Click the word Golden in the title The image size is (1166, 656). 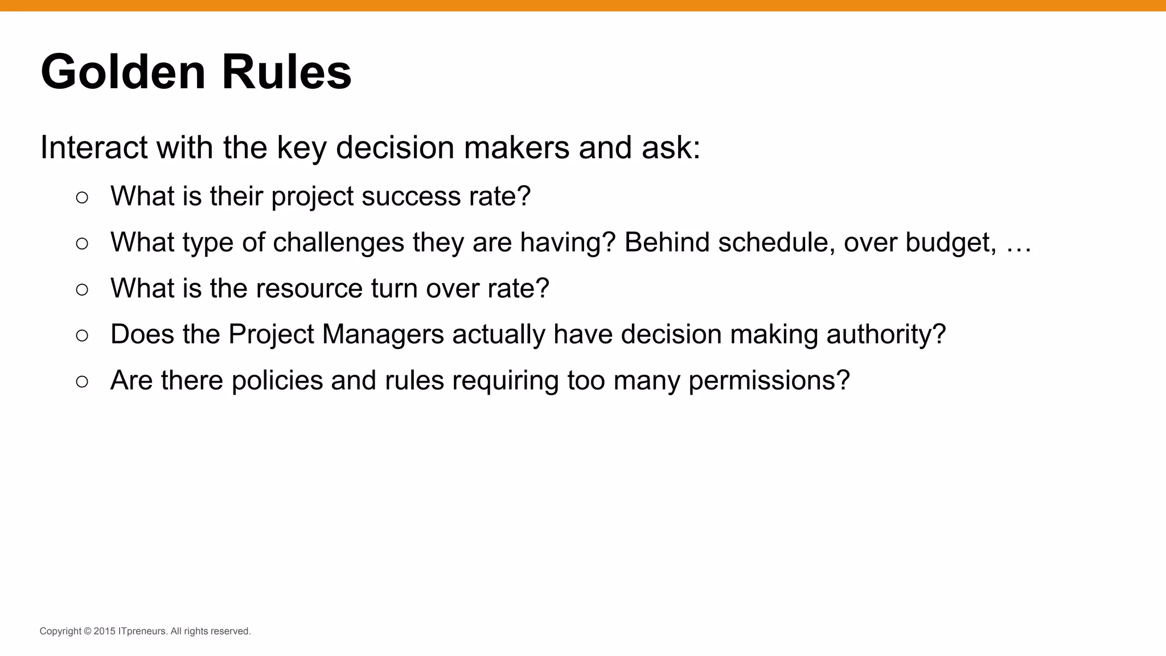click(x=123, y=72)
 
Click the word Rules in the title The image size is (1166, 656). click(x=286, y=72)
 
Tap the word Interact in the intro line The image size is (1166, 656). click(x=94, y=147)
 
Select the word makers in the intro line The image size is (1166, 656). click(x=516, y=147)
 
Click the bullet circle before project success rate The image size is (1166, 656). click(x=82, y=198)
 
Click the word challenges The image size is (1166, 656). click(x=339, y=243)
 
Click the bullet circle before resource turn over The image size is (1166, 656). click(x=82, y=290)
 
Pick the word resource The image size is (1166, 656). click(x=309, y=289)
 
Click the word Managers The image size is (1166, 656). click(x=383, y=335)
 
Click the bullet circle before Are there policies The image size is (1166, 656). click(x=82, y=382)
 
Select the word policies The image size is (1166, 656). click(x=277, y=381)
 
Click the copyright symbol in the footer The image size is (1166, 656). click(x=87, y=632)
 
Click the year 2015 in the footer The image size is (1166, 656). click(x=105, y=632)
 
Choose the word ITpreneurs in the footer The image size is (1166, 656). click(x=142, y=632)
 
